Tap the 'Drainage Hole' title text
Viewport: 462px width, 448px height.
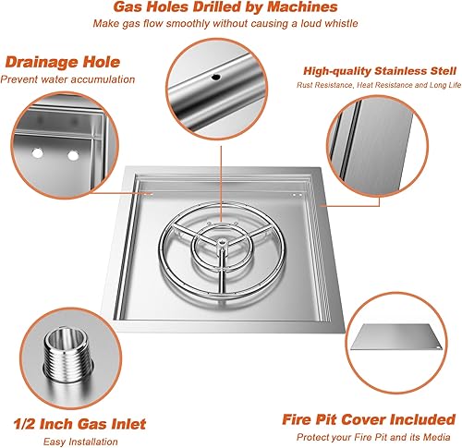click(61, 63)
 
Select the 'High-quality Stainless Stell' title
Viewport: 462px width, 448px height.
click(378, 70)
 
